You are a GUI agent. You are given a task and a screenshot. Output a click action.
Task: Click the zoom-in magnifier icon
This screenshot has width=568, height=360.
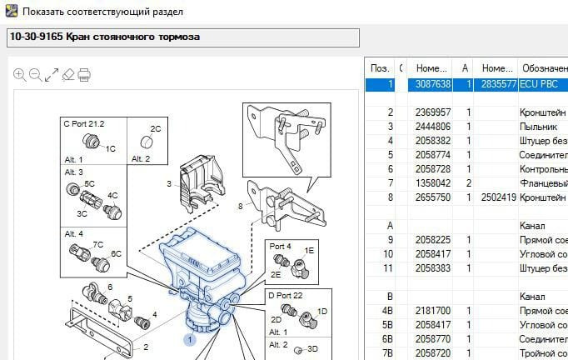tap(20, 75)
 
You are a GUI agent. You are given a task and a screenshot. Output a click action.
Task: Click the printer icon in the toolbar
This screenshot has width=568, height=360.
tap(84, 75)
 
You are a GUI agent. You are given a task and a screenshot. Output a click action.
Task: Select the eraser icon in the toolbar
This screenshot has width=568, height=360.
tap(68, 75)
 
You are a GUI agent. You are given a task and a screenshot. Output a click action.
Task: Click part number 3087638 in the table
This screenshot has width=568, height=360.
tap(433, 84)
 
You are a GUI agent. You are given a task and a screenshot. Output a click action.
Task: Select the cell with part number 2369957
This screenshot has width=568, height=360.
tap(433, 112)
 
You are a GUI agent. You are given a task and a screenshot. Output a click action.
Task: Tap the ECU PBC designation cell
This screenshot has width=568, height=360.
tap(541, 84)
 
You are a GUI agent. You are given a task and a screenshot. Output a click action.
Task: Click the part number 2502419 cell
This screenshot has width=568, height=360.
tap(498, 197)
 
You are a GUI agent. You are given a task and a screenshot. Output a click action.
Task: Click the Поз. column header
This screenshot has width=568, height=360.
tap(379, 67)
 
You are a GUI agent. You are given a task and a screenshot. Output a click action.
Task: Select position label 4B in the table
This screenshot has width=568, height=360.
tap(387, 310)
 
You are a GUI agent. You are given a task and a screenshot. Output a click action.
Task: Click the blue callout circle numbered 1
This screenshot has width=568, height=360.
tap(190, 339)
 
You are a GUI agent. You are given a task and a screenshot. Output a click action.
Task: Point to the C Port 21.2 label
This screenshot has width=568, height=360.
tap(84, 123)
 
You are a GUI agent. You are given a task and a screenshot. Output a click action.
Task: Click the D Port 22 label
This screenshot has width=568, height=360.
tap(286, 296)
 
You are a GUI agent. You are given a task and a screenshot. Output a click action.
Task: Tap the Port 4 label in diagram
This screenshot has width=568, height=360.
tap(281, 247)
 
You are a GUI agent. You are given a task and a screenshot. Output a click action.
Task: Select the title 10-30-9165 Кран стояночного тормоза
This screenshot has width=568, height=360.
tap(105, 37)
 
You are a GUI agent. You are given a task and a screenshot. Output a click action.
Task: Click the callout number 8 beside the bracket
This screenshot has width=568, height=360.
tap(241, 205)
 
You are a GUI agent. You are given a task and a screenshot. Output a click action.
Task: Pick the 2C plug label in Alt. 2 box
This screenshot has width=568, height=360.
tap(155, 129)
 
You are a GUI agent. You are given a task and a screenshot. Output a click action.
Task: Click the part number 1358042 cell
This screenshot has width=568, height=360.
tap(433, 183)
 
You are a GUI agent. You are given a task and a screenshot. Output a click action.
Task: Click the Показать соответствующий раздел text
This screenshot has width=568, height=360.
tap(103, 12)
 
